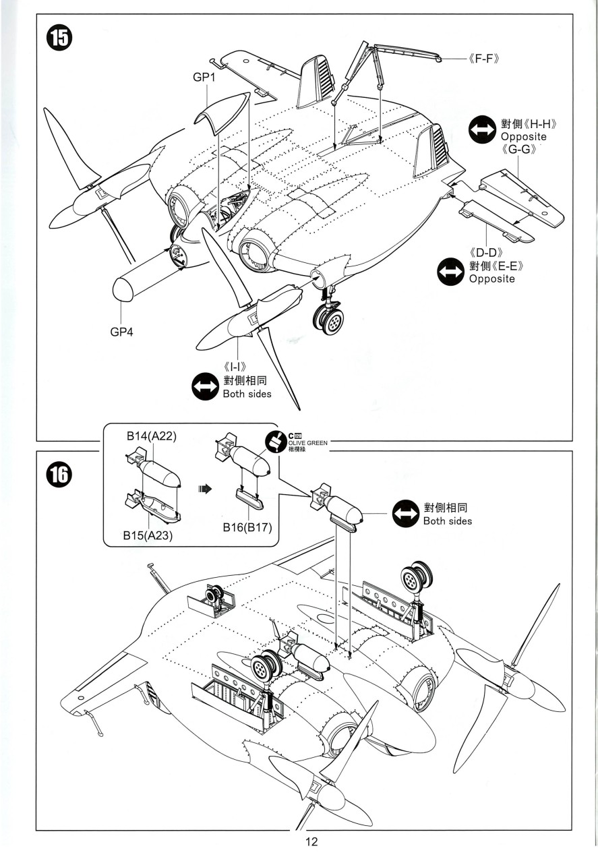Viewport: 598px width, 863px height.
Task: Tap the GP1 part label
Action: click(x=204, y=79)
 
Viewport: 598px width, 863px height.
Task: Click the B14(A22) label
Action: click(x=152, y=437)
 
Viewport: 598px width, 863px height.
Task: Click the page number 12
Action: click(x=311, y=841)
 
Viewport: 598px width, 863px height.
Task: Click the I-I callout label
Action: click(x=237, y=368)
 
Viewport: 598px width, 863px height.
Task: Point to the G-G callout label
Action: click(x=519, y=150)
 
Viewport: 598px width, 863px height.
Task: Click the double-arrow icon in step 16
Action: click(x=405, y=514)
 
